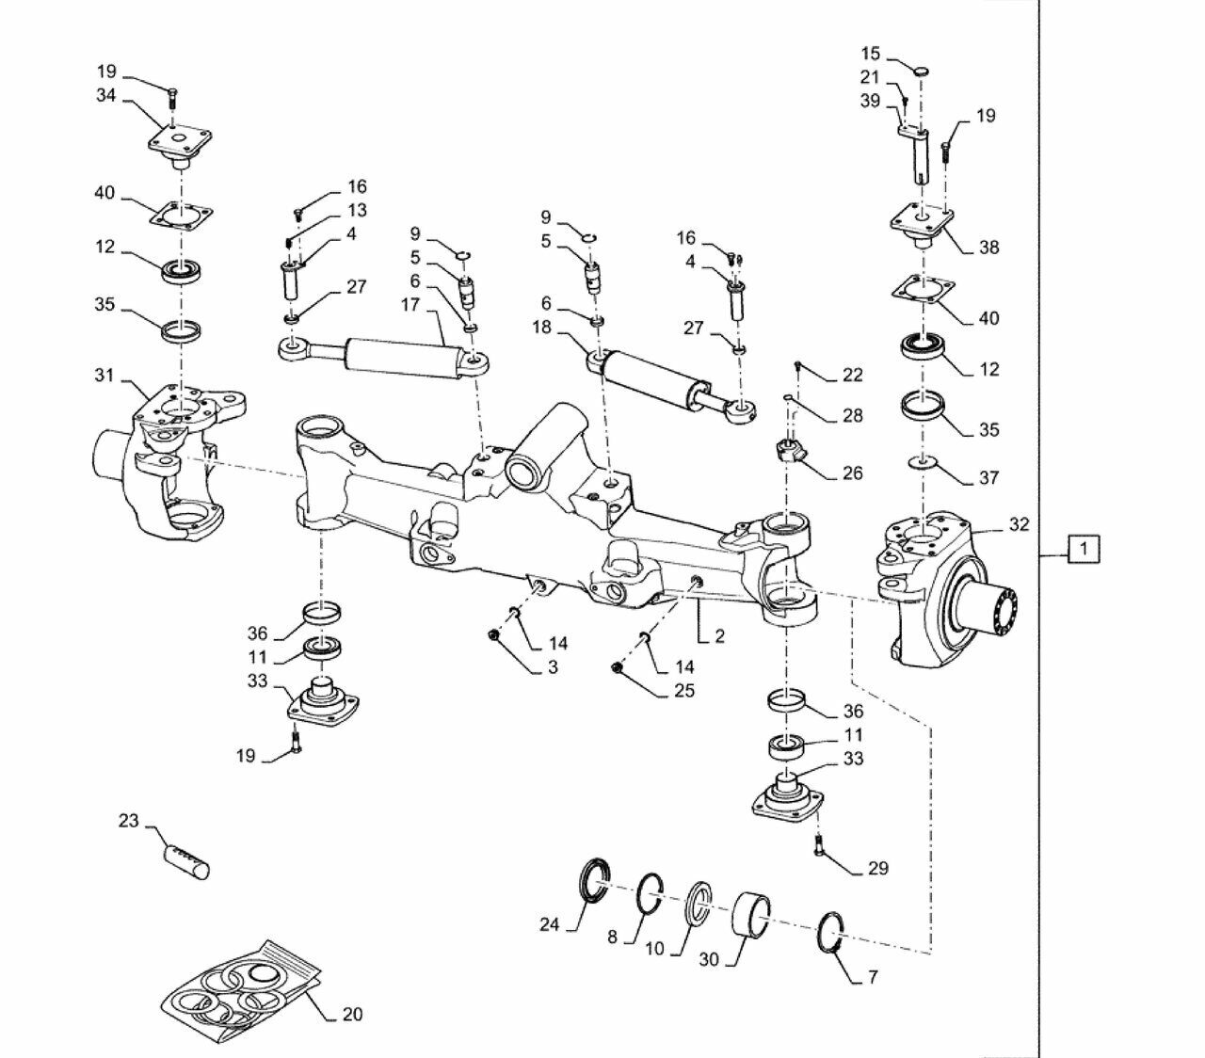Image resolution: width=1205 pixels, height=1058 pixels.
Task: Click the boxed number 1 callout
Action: (1083, 549)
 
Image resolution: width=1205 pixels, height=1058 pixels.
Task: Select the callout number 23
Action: (128, 822)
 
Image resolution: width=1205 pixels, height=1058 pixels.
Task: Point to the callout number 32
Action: (1020, 524)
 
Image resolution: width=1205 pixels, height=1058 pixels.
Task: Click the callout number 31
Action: (104, 376)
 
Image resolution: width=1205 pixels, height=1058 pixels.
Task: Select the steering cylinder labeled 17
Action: (384, 358)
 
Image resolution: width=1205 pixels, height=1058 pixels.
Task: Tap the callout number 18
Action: (542, 327)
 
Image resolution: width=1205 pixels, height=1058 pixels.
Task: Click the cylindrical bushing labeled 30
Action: (750, 917)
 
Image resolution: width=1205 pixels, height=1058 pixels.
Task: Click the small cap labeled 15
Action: (922, 72)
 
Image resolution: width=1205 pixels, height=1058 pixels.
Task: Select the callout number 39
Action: (870, 101)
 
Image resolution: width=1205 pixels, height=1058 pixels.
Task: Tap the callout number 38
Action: (989, 248)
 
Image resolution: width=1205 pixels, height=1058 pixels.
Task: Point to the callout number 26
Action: (852, 473)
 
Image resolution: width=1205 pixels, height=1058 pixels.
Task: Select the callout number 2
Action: (719, 636)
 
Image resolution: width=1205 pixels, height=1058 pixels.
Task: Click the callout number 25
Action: (684, 691)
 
